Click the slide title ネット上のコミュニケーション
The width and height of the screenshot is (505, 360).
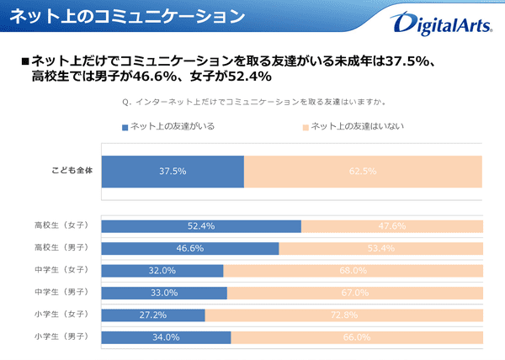tap(128, 16)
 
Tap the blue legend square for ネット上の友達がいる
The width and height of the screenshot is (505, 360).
tap(125, 127)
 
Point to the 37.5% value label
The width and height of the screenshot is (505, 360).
tap(173, 172)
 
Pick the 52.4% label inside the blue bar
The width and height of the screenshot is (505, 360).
tap(201, 225)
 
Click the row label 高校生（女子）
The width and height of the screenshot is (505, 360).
tap(64, 225)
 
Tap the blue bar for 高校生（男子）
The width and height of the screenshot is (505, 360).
tap(189, 248)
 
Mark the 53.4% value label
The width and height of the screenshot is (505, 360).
tap(380, 248)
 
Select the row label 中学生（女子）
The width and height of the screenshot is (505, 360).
tap(64, 270)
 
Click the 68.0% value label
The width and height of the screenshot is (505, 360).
tap(353, 270)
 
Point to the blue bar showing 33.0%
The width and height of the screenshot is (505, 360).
tap(164, 293)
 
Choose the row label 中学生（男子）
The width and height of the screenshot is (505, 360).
tap(64, 293)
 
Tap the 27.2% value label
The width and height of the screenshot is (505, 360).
tap(152, 315)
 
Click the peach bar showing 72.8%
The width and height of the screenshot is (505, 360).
tap(343, 315)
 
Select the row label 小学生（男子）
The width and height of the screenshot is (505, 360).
tap(64, 337)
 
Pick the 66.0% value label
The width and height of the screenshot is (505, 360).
tap(357, 337)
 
